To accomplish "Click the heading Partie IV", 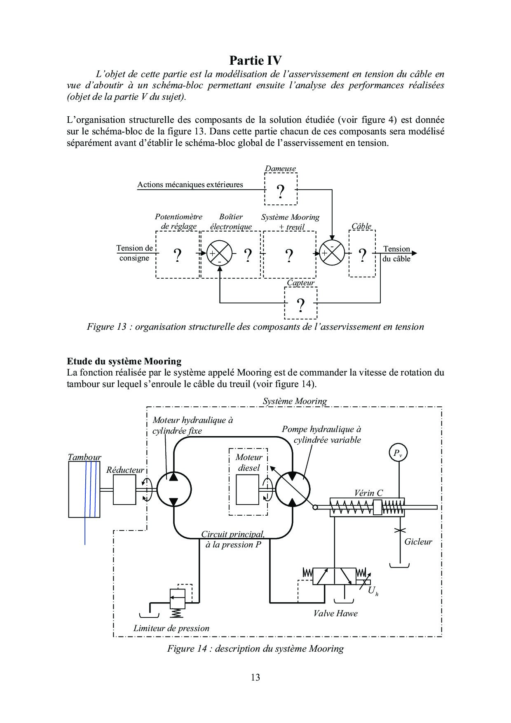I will pyautogui.click(x=255, y=61).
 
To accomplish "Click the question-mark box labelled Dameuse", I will pyautogui.click(x=280, y=189).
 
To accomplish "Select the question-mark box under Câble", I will pyautogui.click(x=362, y=254).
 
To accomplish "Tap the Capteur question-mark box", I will pyautogui.click(x=301, y=303).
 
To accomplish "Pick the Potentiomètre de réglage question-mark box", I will pyautogui.click(x=178, y=254).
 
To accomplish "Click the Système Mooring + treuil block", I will pyautogui.click(x=289, y=254).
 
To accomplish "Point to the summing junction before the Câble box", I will pyautogui.click(x=332, y=254).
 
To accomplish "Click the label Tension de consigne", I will pyautogui.click(x=134, y=253).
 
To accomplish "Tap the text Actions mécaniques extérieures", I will pyautogui.click(x=190, y=185).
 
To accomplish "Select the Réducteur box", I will pyautogui.click(x=124, y=489).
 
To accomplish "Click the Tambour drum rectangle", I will pyautogui.click(x=84, y=489).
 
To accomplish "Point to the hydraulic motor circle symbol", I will pyautogui.click(x=174, y=489).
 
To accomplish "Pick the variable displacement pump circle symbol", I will pyautogui.click(x=293, y=489).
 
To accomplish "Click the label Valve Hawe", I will pyautogui.click(x=335, y=613).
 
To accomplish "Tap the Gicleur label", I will pyautogui.click(x=418, y=542).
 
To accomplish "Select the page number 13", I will pyautogui.click(x=255, y=677).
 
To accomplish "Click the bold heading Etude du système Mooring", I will pyautogui.click(x=124, y=361).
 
